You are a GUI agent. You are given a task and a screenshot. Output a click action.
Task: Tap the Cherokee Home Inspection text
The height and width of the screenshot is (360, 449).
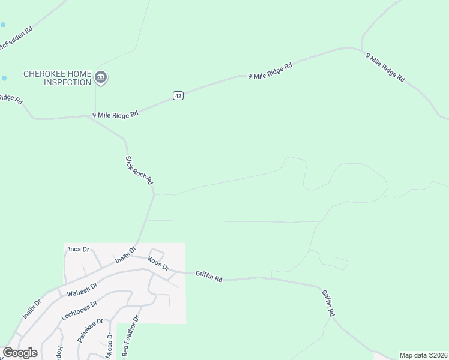click(x=57, y=78)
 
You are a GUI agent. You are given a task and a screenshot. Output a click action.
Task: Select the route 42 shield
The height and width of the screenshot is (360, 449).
click(x=178, y=95)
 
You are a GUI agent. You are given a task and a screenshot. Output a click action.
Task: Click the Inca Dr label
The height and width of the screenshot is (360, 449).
click(x=79, y=249)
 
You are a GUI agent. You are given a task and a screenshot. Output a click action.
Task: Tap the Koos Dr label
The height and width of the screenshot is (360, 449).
click(x=158, y=263)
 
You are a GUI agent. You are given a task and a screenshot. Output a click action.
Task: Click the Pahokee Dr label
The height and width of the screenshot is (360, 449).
click(x=91, y=330)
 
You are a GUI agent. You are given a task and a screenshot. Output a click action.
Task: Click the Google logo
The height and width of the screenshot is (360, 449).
click(x=20, y=353)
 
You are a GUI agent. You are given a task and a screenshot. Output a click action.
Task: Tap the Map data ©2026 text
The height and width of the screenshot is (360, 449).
click(x=423, y=355)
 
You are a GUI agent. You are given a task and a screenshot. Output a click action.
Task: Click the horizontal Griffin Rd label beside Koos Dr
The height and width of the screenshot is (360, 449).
click(x=209, y=277)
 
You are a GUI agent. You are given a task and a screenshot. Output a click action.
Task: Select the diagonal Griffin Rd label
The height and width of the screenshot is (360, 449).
click(x=328, y=304)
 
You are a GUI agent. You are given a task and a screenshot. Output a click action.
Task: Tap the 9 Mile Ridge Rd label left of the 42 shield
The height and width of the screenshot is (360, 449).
click(x=115, y=113)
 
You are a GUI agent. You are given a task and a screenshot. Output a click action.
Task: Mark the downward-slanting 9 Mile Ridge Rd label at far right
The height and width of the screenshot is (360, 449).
click(x=385, y=67)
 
